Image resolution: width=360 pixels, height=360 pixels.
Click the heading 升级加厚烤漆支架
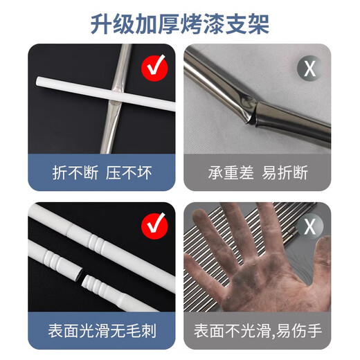[x=180, y=22]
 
